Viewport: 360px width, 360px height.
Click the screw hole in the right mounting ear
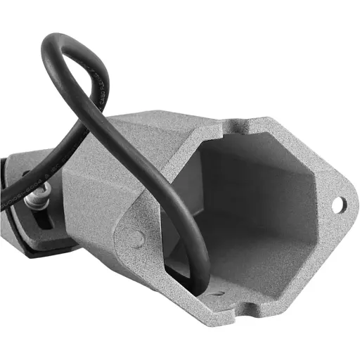point(338,205)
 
